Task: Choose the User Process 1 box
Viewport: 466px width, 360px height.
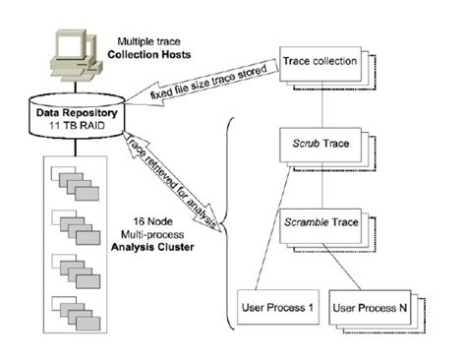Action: [x=276, y=307]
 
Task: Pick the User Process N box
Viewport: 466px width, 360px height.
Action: [x=371, y=308]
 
